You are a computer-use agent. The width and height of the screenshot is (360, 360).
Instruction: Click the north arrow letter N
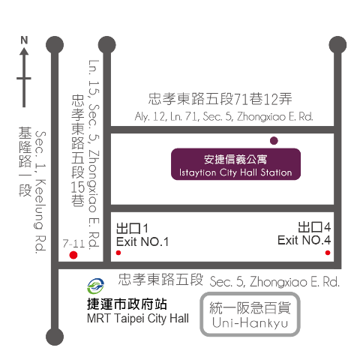[x=24, y=40]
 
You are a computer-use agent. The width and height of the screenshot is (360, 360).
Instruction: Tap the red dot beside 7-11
[x=73, y=255]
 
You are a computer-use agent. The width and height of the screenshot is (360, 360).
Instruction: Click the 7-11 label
[x=73, y=243]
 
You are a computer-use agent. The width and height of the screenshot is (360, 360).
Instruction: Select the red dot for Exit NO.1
[x=118, y=253]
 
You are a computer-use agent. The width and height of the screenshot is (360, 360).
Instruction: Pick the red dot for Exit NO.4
[x=328, y=253]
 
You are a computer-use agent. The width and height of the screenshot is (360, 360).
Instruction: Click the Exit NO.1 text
[x=142, y=241]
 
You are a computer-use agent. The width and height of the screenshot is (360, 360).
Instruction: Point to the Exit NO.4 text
[x=304, y=240]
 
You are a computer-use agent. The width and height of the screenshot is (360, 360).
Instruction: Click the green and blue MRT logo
[x=95, y=286]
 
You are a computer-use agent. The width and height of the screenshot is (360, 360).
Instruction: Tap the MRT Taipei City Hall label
[x=138, y=319]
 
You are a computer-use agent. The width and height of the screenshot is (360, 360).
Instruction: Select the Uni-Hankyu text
[x=250, y=322]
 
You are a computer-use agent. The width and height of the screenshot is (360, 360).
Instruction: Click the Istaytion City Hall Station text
[x=235, y=172]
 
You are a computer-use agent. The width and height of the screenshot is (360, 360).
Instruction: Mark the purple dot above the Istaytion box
[x=274, y=141]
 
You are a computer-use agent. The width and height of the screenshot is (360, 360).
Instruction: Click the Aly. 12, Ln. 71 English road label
[x=223, y=116]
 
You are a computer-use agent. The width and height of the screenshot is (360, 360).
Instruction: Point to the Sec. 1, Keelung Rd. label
[x=40, y=193]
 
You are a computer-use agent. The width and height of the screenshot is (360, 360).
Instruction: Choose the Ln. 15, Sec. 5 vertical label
[x=94, y=154]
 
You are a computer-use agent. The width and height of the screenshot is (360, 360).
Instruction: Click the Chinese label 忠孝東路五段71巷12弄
[x=220, y=99]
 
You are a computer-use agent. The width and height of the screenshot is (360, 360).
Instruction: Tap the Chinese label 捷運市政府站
[x=127, y=304]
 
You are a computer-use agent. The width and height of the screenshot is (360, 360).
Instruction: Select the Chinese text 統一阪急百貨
[x=250, y=307]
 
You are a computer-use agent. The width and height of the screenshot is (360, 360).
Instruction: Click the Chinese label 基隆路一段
[x=25, y=161]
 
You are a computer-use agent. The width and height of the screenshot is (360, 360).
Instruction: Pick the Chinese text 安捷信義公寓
[x=235, y=159]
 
